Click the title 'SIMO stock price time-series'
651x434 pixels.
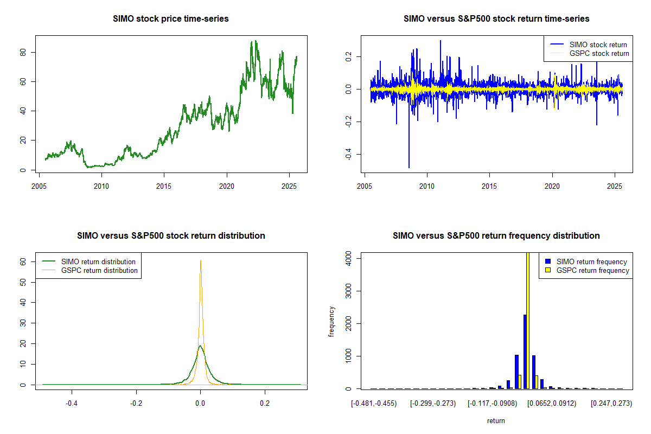(171, 19)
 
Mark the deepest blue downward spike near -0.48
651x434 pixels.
(409, 167)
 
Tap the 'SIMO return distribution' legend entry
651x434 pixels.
(98, 261)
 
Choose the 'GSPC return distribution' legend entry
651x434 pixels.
(99, 270)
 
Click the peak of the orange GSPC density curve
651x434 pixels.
(201, 260)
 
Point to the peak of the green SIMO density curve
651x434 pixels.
(200, 346)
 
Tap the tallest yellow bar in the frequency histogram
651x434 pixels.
(528, 320)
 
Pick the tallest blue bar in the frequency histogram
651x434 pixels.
(525, 352)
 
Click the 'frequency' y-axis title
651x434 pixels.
(332, 321)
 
